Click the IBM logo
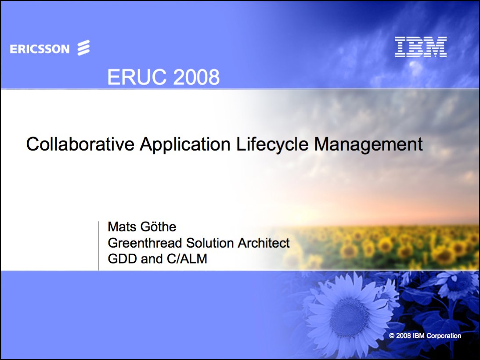pyautogui.click(x=421, y=47)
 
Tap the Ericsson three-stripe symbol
pyautogui.click(x=83, y=48)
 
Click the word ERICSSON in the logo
pyautogui.click(x=40, y=49)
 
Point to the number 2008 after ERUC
pyautogui.click(x=196, y=77)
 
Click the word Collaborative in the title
pyautogui.click(x=79, y=144)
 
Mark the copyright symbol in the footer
pyautogui.click(x=392, y=336)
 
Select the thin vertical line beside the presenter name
pyautogui.click(x=98, y=246)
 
